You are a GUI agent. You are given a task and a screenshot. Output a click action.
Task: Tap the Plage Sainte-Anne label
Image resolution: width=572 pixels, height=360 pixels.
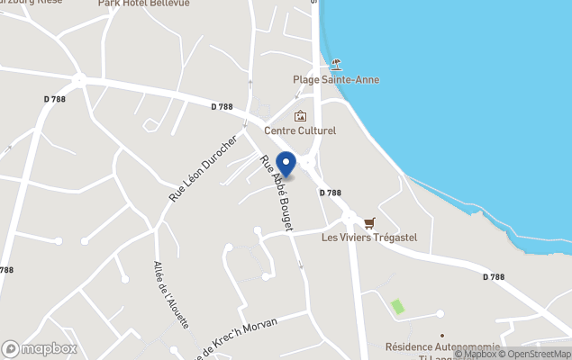336,79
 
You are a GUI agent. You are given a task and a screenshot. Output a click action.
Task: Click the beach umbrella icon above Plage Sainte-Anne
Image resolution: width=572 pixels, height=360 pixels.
336,64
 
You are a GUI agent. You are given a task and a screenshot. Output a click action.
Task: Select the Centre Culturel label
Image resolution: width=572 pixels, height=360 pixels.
300,130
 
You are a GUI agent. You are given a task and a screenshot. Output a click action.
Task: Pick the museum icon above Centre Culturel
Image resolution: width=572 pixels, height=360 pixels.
300,115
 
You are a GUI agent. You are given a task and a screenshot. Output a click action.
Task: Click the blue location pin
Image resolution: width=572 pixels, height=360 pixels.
286,164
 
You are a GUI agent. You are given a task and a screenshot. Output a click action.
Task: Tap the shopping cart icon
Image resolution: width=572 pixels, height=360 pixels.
369,222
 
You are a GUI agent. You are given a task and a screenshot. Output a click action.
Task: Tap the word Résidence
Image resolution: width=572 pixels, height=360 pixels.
411,346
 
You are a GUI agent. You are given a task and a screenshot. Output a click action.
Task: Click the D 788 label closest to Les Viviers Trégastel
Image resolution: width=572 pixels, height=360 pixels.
331,193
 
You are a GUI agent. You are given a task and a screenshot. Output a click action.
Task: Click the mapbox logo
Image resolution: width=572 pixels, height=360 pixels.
39,348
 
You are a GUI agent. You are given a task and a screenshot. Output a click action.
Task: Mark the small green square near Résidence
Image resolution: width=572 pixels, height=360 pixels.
397,307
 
